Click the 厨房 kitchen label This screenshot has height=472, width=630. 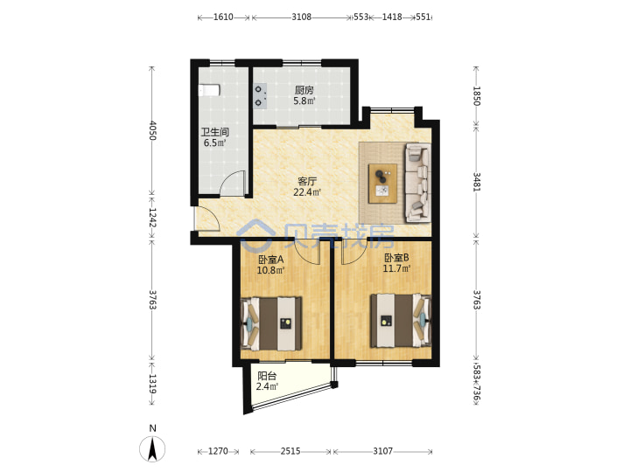tap(304, 90)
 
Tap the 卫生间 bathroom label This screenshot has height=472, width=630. tap(215, 132)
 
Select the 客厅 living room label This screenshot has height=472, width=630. tap(307, 182)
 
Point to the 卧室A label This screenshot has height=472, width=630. tap(270, 260)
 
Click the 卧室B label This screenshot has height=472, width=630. tap(396, 258)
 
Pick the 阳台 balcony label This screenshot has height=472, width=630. tap(267, 376)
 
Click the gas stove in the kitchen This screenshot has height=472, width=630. tap(260, 96)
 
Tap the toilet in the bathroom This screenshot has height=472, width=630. tap(209, 90)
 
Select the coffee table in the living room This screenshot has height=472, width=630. tap(383, 184)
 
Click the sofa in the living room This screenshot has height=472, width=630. tap(418, 183)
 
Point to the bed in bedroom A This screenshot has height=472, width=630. tap(270, 323)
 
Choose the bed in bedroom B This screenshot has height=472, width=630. tap(401, 321)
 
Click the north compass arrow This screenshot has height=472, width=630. tap(152, 448)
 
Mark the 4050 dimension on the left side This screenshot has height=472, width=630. tap(152, 130)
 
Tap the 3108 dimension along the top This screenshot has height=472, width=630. tap(301, 17)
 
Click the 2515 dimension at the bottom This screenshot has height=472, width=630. tap(290, 451)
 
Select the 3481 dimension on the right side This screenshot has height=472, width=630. tap(477, 182)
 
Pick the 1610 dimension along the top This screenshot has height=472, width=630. tap(223, 17)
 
